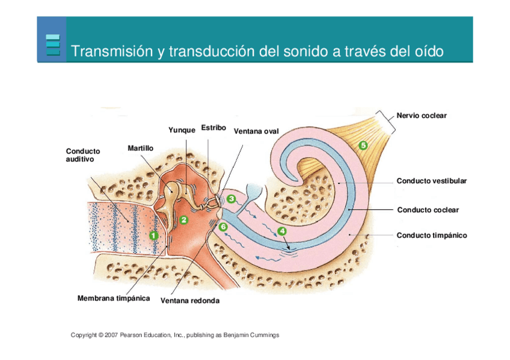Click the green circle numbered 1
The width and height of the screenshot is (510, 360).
pos(153,235)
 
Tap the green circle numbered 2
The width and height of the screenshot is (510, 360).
pos(184,219)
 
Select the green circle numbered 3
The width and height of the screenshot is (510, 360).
pos(231,198)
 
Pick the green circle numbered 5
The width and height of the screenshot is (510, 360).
pos(363,144)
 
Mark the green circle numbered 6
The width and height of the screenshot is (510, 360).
pos(223,227)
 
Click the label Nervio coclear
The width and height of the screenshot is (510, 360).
pos(422,115)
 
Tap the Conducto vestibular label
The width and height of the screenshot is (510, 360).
pos(431,180)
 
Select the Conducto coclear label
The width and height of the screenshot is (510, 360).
pos(428,210)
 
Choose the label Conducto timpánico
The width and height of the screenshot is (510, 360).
pos(431,235)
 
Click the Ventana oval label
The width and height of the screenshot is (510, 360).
pos(256,131)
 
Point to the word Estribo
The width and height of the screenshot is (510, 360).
pos(214,127)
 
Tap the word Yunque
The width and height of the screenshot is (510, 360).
pos(182,130)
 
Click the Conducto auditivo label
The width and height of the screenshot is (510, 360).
pos(83,155)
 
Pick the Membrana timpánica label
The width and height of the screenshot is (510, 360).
pos(114,298)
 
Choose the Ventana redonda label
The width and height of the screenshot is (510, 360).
pos(189,301)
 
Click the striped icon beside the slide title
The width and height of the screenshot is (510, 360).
pos(53,45)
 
